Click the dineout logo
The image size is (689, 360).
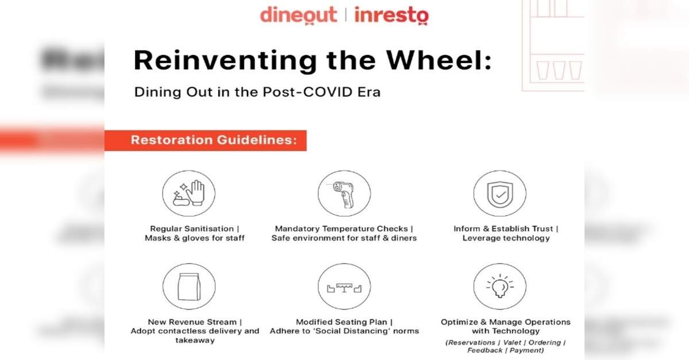(299, 15)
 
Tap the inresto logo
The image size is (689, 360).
(392, 15)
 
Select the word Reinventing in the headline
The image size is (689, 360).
(225, 61)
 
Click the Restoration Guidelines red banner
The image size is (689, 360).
(206, 140)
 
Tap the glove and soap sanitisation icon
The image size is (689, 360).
(189, 193)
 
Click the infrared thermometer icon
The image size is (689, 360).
(344, 193)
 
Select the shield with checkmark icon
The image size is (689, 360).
(500, 193)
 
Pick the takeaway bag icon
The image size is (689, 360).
(189, 287)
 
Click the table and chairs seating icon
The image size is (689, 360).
(344, 287)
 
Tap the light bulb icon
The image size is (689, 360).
(500, 287)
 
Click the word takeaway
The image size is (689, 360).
(195, 340)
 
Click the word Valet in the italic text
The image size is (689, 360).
(512, 342)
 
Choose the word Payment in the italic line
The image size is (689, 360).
(527, 350)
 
